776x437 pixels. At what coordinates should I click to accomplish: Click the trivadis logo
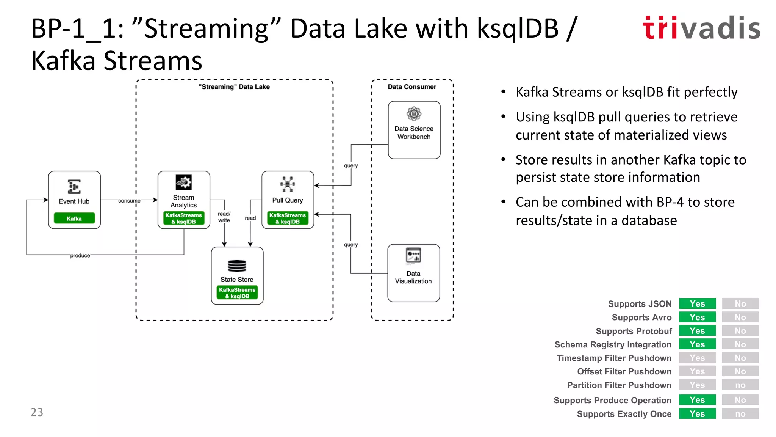click(x=701, y=28)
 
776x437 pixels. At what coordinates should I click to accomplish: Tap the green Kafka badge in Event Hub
click(x=74, y=218)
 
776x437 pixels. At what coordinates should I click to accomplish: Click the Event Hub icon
click(x=74, y=187)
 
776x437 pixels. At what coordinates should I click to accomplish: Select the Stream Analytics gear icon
click(x=184, y=182)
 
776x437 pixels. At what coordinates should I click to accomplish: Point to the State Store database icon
click(x=237, y=266)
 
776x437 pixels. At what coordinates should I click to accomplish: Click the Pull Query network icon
click(x=288, y=184)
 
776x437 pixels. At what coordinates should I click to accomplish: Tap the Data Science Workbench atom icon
click(x=414, y=114)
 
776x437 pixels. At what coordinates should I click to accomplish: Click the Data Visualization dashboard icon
click(x=413, y=255)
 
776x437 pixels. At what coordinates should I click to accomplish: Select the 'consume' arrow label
click(x=129, y=201)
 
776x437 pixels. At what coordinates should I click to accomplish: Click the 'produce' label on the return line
click(x=80, y=256)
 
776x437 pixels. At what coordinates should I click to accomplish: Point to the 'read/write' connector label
click(x=224, y=217)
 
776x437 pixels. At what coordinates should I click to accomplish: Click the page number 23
click(x=37, y=412)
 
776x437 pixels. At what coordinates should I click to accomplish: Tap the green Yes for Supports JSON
click(x=697, y=304)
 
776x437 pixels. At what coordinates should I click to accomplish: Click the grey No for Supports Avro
click(x=740, y=318)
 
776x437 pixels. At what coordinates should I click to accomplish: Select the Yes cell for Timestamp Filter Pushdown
click(x=697, y=358)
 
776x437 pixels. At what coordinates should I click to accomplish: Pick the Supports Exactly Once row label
click(x=624, y=414)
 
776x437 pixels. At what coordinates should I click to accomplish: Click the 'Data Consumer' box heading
click(x=412, y=87)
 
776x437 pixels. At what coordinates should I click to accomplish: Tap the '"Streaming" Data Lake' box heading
click(x=234, y=87)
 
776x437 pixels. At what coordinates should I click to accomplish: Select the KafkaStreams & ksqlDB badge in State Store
click(x=237, y=293)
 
